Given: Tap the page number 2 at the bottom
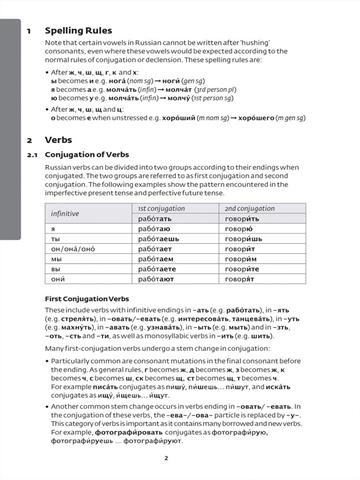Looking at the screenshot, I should pyautogui.click(x=179, y=457).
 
